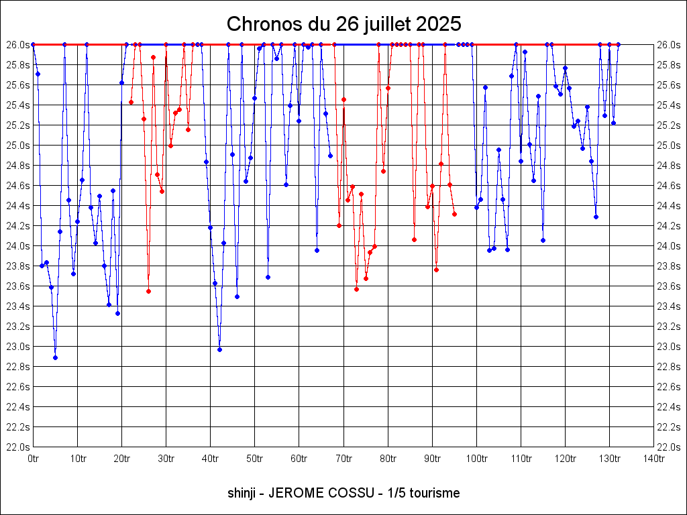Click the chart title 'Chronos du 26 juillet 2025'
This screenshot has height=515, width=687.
tap(343, 24)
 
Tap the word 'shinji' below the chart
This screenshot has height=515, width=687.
tap(242, 493)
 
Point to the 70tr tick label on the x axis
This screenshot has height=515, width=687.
tap(343, 459)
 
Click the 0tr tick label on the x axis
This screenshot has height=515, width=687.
tap(33, 459)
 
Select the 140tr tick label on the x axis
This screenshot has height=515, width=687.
tap(653, 459)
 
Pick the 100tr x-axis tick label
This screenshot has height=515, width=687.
tap(476, 459)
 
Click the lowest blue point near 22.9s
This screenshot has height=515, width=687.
tap(55, 357)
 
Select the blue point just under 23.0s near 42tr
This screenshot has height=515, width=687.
tap(219, 349)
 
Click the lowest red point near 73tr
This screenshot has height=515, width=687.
tap(356, 289)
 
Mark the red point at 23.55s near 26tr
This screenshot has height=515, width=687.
tap(148, 291)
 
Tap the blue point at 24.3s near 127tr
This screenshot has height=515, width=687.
tap(596, 217)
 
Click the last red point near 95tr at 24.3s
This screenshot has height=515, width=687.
tap(454, 214)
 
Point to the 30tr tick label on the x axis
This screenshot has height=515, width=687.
tap(166, 459)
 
